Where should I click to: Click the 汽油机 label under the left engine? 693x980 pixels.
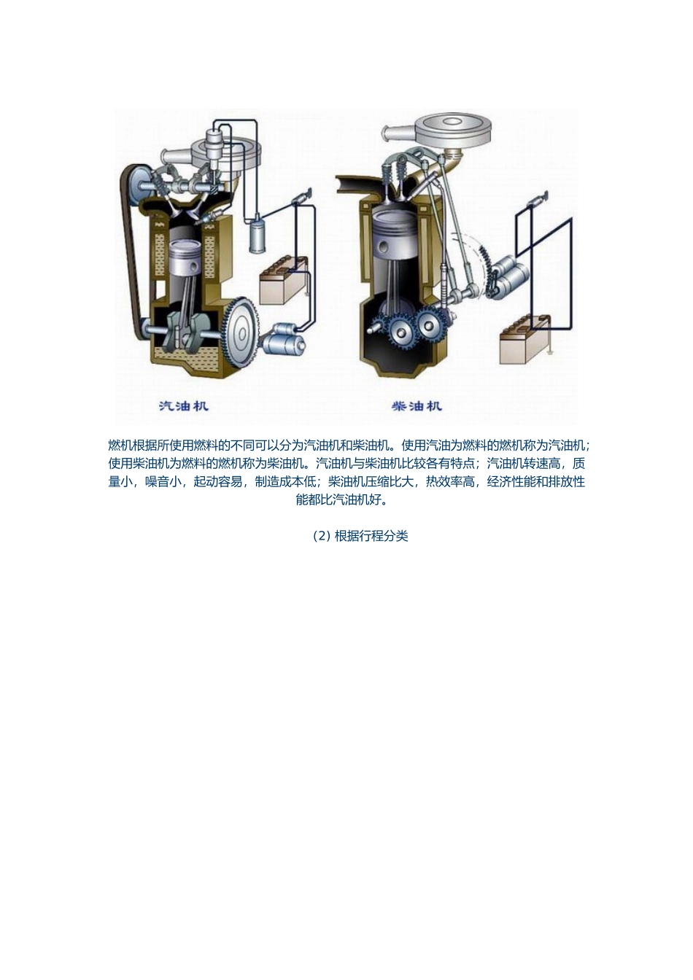[183, 405]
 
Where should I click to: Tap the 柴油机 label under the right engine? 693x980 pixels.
[417, 405]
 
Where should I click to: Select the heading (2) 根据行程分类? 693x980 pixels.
[361, 536]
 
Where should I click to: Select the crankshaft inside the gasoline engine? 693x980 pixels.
[184, 329]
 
